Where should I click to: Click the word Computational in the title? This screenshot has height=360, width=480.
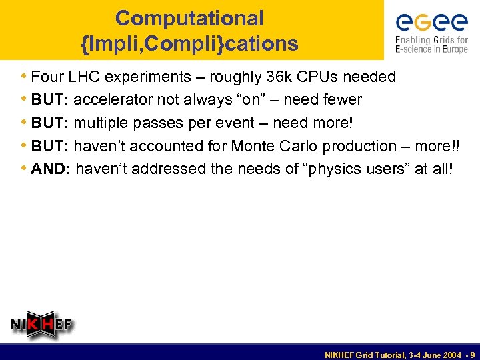point(189,18)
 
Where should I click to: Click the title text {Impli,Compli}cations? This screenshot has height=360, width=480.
point(189,44)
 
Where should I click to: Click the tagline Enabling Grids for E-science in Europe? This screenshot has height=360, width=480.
point(431,45)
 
